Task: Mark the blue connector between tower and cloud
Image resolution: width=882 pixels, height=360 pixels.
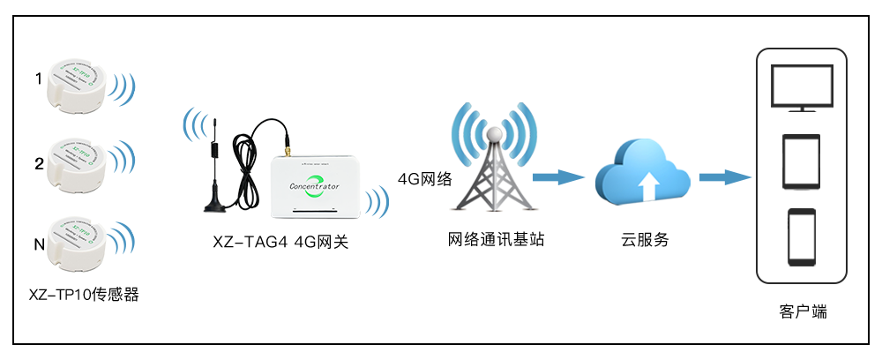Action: [x=558, y=178]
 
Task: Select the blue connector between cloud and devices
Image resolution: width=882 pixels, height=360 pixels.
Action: [x=725, y=178]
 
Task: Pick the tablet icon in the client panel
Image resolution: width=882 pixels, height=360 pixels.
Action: [x=801, y=161]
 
